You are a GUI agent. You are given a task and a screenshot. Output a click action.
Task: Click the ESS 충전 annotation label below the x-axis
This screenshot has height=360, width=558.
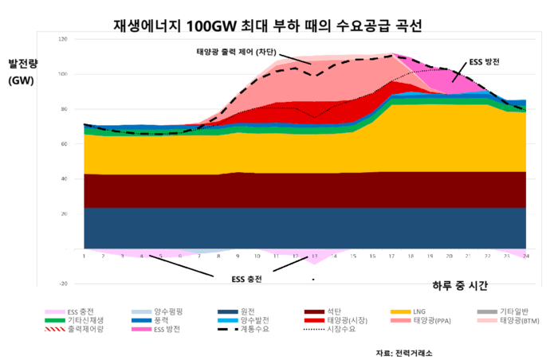point(246,279)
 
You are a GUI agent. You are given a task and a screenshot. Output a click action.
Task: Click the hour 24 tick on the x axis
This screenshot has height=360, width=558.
point(526,256)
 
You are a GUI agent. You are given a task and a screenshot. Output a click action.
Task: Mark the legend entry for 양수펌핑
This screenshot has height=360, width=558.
point(172,311)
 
